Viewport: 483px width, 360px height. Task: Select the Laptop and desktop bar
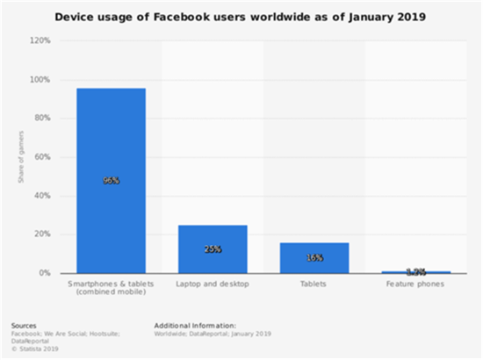(x=213, y=249)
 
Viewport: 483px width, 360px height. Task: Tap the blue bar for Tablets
(x=314, y=257)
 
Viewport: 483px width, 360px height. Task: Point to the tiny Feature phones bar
(x=416, y=272)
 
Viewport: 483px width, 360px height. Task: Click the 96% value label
(x=111, y=180)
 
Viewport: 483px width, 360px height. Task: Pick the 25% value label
(x=213, y=249)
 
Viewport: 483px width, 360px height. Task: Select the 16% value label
(x=314, y=258)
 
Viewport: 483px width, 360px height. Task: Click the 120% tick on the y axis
(x=40, y=40)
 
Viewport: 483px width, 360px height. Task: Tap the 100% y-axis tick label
(x=40, y=80)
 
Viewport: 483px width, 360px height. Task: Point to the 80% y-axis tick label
(x=41, y=119)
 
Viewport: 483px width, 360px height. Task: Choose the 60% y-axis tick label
(x=41, y=157)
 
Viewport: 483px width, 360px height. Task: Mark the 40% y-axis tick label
(x=41, y=196)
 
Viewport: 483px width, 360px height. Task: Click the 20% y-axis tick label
(x=41, y=234)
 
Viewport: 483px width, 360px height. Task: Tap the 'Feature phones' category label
(x=416, y=284)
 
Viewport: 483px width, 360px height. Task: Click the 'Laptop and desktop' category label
(x=213, y=284)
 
